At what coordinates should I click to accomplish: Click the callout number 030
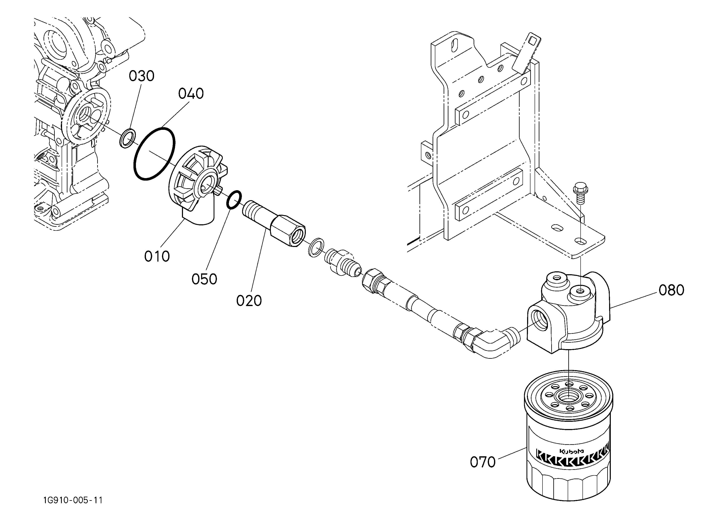coord(142,76)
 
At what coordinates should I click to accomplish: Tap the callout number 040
coord(191,94)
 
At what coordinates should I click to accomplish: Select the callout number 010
coord(157,256)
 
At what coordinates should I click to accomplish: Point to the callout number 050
coord(204,279)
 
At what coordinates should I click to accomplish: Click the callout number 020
coord(249,300)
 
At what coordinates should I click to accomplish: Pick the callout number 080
coord(671,290)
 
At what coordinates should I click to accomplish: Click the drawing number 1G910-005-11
coord(73,500)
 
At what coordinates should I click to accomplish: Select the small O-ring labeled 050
coord(234,200)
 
